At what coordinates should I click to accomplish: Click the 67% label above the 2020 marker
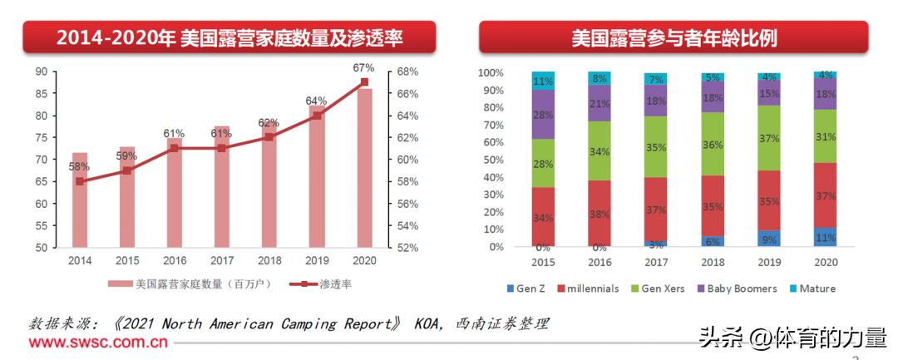click(363, 67)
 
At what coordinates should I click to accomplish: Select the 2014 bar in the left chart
click(80, 200)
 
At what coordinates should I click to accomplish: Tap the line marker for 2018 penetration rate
click(269, 136)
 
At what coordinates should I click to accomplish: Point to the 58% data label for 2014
click(79, 166)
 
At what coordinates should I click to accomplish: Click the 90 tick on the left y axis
click(41, 72)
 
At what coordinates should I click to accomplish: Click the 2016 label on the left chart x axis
click(174, 259)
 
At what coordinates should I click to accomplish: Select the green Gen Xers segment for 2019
click(769, 137)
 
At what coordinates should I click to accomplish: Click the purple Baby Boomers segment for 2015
click(544, 114)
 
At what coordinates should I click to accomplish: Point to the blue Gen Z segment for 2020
click(825, 237)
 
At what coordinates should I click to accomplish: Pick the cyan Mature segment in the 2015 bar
click(544, 81)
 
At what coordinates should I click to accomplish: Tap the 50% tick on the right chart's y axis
click(491, 160)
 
